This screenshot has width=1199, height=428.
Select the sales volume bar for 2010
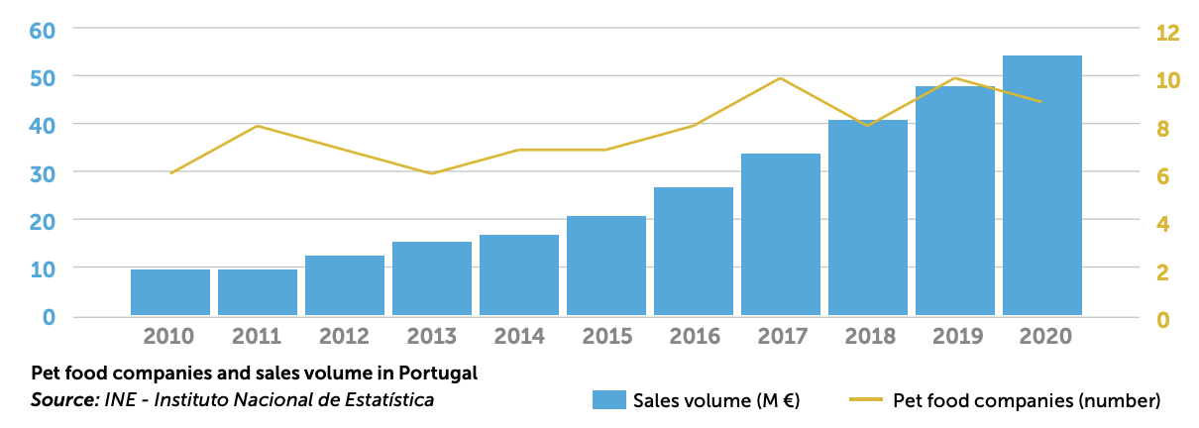[170, 292]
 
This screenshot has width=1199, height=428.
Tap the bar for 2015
[606, 266]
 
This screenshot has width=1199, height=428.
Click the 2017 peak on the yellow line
[780, 78]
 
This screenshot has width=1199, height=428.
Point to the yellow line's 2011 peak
[258, 126]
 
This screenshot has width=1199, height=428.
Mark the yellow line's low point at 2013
[431, 173]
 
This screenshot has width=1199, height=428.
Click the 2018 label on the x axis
[868, 336]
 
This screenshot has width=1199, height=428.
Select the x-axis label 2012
[345, 336]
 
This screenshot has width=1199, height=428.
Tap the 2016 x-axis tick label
[694, 336]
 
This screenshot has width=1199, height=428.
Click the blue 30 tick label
[41, 172]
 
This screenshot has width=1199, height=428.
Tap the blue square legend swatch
[608, 400]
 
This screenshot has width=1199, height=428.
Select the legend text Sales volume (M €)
[716, 400]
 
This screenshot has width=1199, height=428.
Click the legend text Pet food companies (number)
[1026, 400]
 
